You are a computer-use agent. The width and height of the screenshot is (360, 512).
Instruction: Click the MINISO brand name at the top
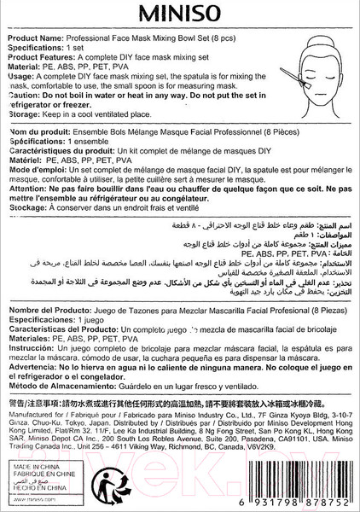point(180,18)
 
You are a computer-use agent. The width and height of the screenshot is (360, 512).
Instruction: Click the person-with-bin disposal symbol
point(106,484)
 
